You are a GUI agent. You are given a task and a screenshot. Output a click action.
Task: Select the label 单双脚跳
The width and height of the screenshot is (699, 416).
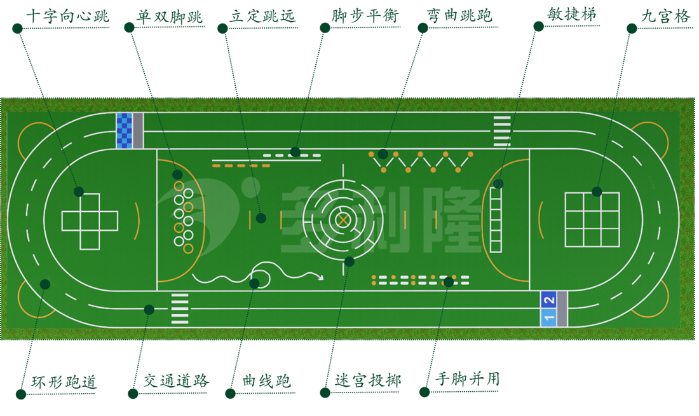pos(170,17)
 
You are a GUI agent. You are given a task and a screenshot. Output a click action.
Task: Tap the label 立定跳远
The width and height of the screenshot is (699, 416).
pos(262,17)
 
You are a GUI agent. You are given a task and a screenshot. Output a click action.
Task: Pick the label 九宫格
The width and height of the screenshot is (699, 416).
pos(665,17)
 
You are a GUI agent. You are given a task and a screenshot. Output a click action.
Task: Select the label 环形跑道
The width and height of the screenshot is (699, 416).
pos(64,382)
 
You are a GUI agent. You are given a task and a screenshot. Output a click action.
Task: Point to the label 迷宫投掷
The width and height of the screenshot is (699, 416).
pos(368,381)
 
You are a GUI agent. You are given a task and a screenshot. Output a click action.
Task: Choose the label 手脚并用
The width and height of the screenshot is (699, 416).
pos(467,380)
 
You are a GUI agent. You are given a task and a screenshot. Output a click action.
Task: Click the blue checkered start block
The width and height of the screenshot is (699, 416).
pos(124,130)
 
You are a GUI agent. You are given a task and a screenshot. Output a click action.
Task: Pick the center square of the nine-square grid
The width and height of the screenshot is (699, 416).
pos(592,219)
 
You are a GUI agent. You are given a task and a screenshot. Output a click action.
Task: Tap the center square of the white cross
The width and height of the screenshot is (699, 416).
pos(90,221)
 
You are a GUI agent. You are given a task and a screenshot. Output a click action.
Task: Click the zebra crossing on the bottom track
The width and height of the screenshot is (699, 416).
pos(180,309)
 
